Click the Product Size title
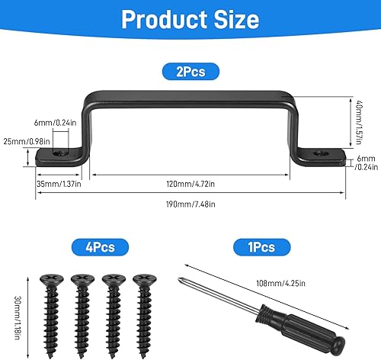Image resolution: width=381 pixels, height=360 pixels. [x=190, y=19]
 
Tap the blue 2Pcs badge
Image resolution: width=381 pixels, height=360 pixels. [x=190, y=72]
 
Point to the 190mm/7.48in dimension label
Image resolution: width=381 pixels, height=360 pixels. [x=190, y=204]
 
